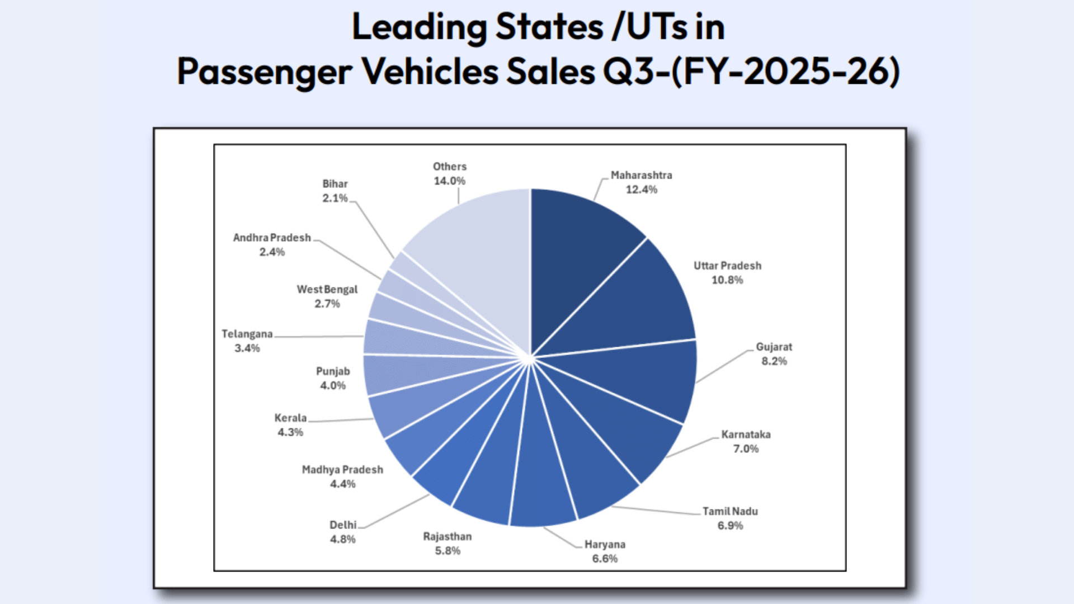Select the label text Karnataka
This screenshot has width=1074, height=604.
tap(746, 435)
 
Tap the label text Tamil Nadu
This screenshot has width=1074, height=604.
tap(730, 511)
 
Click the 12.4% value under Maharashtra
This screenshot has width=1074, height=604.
tap(641, 190)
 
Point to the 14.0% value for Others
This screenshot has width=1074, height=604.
tap(449, 181)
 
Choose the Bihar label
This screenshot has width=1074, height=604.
tap(335, 183)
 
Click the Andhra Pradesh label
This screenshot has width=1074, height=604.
tap(272, 238)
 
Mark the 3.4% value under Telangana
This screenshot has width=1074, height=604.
tap(247, 348)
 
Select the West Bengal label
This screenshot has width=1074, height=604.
tap(327, 289)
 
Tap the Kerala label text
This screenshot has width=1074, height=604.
tap(290, 418)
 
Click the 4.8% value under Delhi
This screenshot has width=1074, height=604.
tap(342, 539)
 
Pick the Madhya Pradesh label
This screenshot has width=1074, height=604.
tap(342, 470)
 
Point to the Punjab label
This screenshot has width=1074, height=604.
tap(333, 371)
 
